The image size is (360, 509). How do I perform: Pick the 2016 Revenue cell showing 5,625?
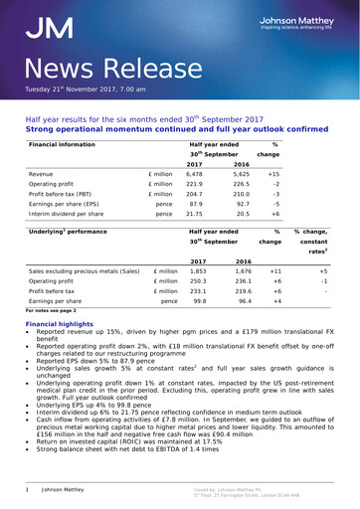(241, 173)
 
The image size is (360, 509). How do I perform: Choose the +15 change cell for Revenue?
(274, 173)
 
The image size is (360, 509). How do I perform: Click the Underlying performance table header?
(69, 232)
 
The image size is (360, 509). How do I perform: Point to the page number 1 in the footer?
(28, 489)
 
